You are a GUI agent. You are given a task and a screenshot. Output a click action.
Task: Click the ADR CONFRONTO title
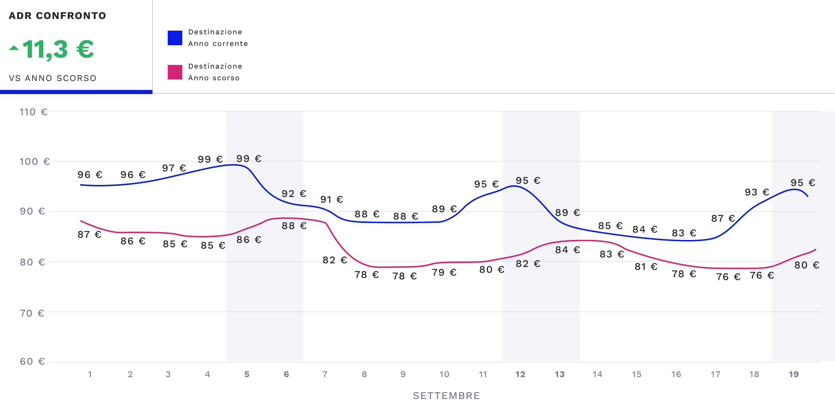click(x=57, y=16)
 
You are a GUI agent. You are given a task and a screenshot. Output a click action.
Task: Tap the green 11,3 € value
click(x=58, y=49)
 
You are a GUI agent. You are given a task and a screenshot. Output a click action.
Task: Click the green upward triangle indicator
click(x=14, y=48)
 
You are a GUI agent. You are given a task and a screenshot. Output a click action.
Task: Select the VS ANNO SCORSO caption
click(x=53, y=78)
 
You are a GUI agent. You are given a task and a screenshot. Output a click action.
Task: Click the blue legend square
click(x=175, y=38)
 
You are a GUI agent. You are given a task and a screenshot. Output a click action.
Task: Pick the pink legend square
click(x=175, y=72)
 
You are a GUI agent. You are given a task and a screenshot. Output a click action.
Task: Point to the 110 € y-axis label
click(x=33, y=112)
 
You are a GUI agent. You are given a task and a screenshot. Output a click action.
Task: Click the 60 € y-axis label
click(x=32, y=361)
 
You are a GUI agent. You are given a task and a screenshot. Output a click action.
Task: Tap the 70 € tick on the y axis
click(x=32, y=313)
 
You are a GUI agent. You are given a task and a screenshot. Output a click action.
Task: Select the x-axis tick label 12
click(x=520, y=374)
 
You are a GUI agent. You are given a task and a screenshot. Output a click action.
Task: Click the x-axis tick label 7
click(x=325, y=374)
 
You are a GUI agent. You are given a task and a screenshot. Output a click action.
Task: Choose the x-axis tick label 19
click(x=793, y=374)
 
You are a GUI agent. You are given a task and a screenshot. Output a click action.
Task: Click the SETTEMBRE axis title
click(x=446, y=396)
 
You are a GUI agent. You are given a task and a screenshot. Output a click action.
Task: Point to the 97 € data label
click(x=174, y=168)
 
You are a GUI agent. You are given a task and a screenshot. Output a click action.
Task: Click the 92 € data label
click(x=294, y=194)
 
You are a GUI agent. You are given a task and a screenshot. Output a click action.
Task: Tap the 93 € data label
click(x=757, y=192)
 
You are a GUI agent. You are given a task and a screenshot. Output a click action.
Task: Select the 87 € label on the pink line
click(x=89, y=234)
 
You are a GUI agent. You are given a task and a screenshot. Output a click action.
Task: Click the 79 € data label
click(x=444, y=272)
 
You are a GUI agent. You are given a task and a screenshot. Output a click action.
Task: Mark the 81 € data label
click(x=646, y=267)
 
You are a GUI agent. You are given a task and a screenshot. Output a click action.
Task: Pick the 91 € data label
click(x=331, y=199)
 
